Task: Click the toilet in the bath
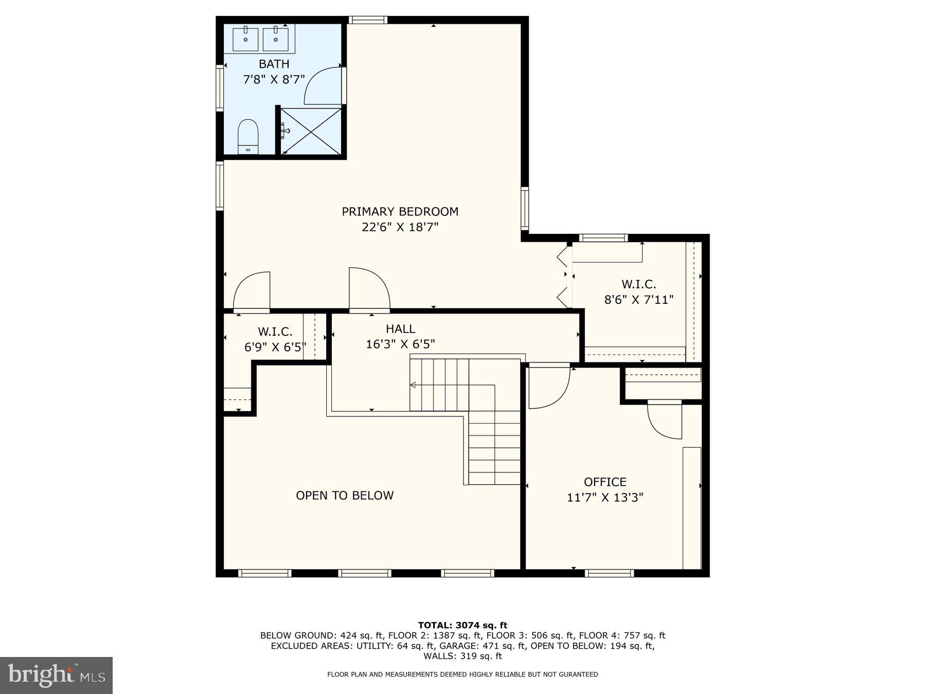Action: tap(247, 136)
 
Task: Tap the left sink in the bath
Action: tap(245, 40)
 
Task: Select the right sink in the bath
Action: tap(276, 40)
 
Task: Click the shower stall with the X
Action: tap(310, 131)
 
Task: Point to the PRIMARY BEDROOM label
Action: tap(400, 211)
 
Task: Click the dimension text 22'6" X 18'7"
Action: tap(400, 227)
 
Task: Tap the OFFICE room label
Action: tap(605, 482)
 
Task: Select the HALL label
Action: tap(400, 328)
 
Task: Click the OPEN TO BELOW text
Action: tap(345, 495)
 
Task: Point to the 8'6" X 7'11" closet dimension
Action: tap(638, 299)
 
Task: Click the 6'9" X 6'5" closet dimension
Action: tap(275, 347)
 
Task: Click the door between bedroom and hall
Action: tap(368, 290)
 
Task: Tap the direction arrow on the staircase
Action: tap(413, 385)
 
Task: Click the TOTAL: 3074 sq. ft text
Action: tap(462, 625)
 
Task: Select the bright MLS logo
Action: tap(56, 675)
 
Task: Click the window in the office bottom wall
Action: tap(610, 573)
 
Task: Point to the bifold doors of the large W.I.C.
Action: tap(564, 278)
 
